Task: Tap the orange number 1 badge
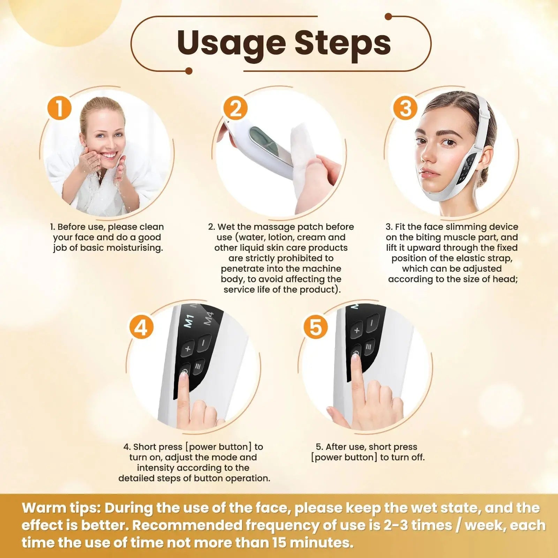pyautogui.click(x=59, y=108)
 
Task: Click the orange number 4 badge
pyautogui.click(x=141, y=327)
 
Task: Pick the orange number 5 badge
pyautogui.click(x=315, y=327)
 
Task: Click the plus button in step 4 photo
pyautogui.click(x=188, y=348)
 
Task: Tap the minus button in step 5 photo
pyautogui.click(x=372, y=323)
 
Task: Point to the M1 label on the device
pyautogui.click(x=189, y=322)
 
